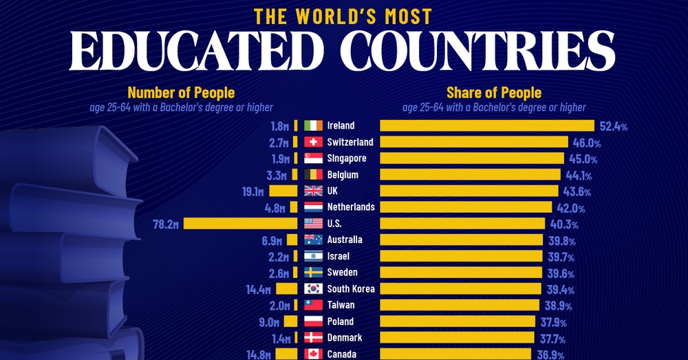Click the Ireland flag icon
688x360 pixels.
click(313, 125)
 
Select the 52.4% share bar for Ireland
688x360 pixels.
click(487, 125)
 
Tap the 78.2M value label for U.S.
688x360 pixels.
click(167, 224)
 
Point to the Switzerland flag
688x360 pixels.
click(313, 142)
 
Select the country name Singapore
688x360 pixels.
click(348, 158)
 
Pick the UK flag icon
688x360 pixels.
click(313, 191)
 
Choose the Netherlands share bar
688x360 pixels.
click(466, 207)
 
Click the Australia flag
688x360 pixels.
click(313, 240)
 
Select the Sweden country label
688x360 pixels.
click(342, 273)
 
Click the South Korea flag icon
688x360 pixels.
click(313, 289)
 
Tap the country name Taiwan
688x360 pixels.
click(341, 306)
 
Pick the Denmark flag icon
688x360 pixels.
click(313, 338)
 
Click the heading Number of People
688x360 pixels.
click(181, 92)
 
